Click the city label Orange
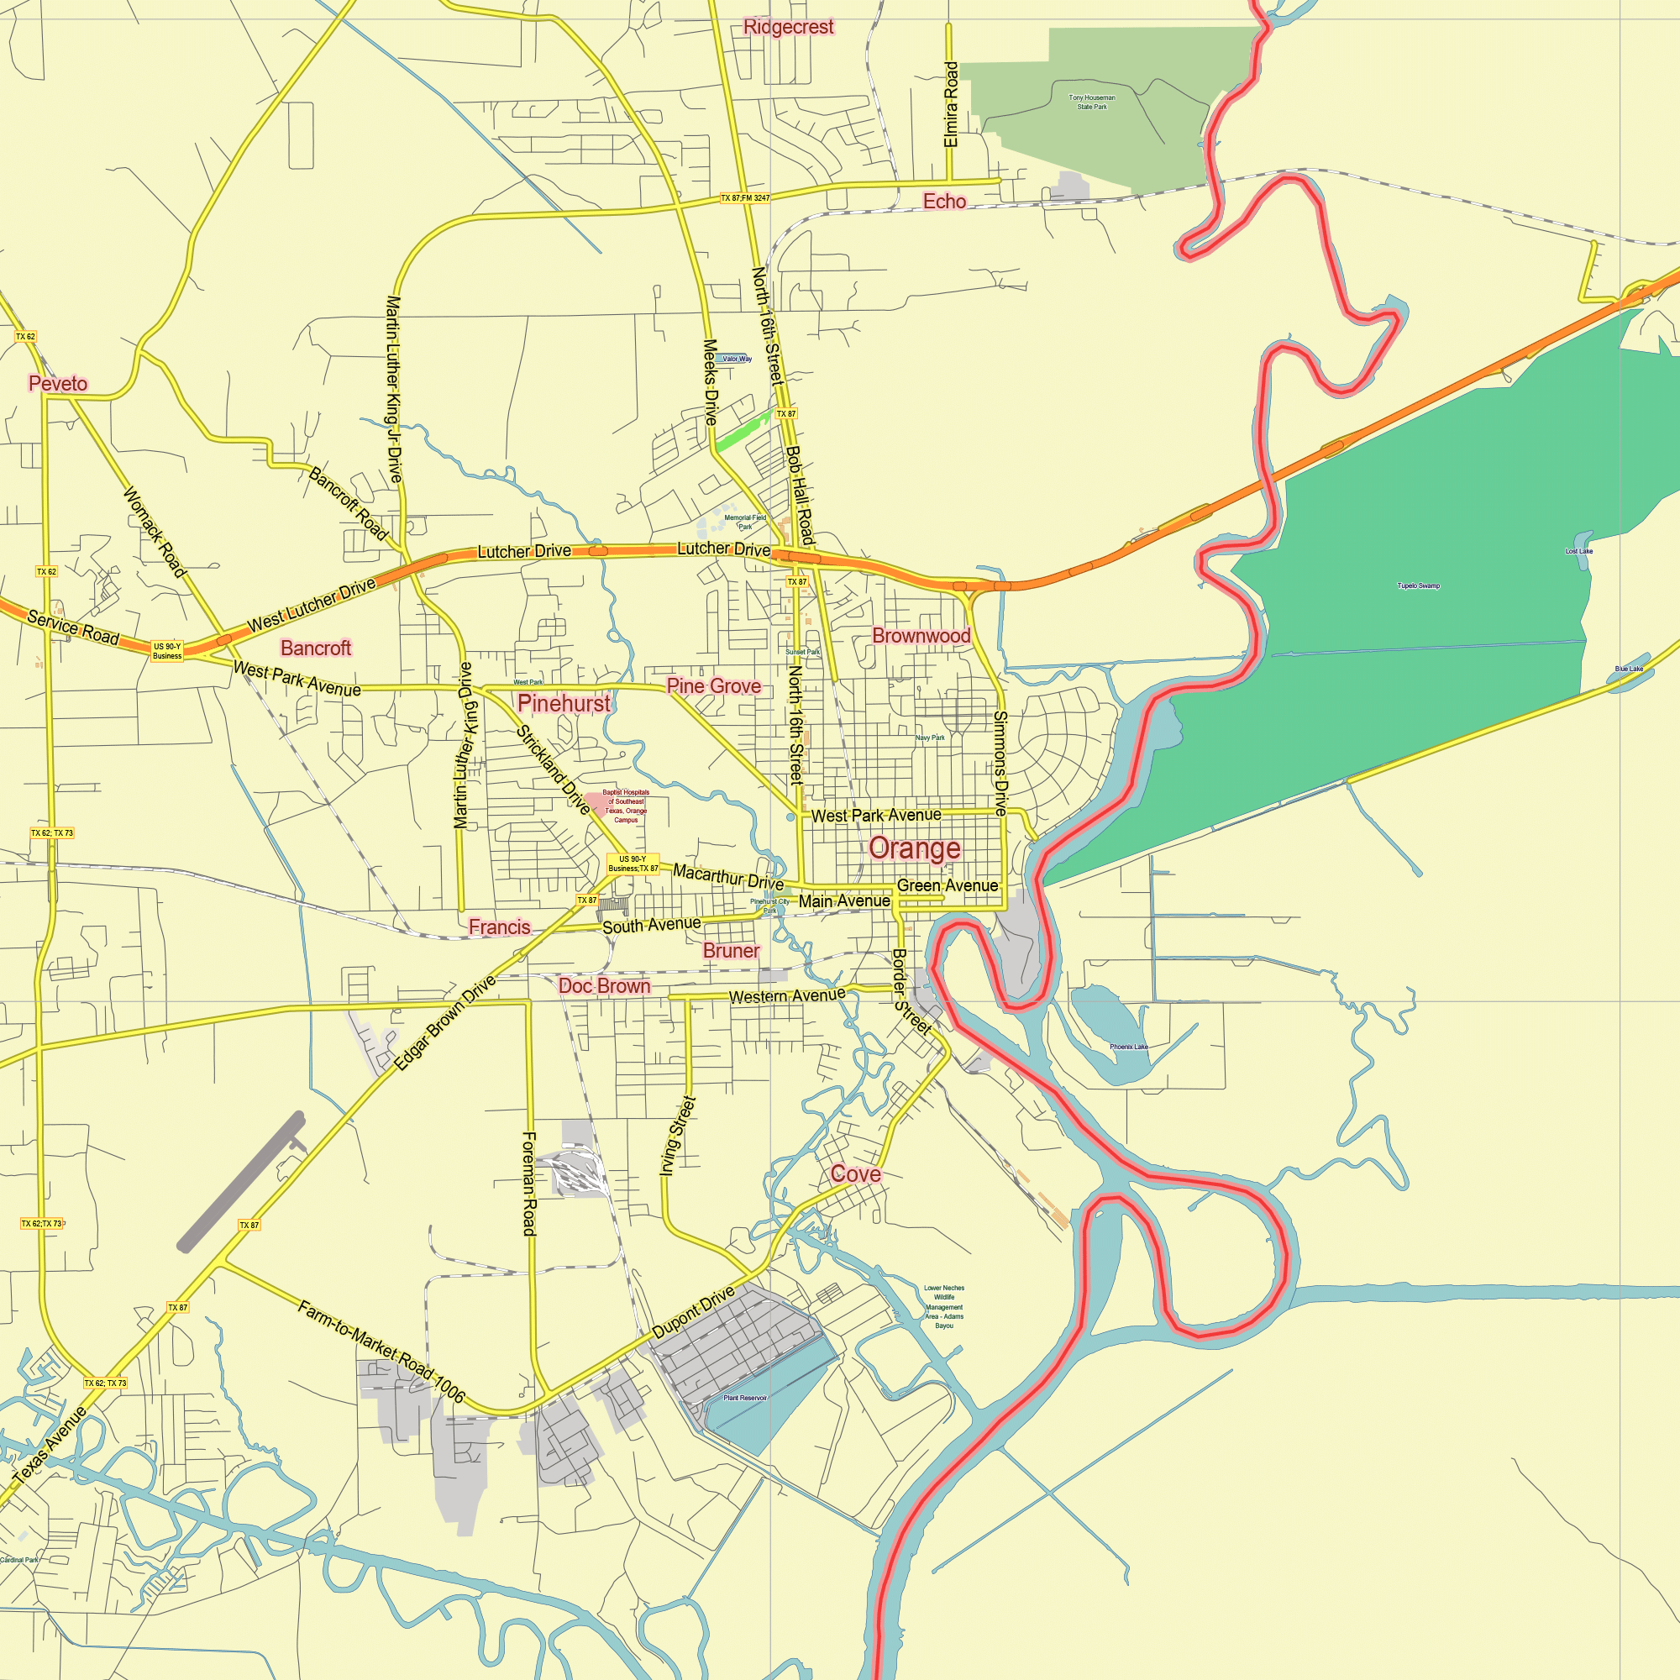coord(915,848)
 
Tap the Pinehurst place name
coord(564,702)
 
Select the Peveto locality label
coord(58,384)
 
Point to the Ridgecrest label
coord(789,27)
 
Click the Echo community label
coord(944,201)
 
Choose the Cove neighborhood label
coord(856,1174)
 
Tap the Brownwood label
coord(921,636)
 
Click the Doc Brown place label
coord(604,986)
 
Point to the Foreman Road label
coord(528,1183)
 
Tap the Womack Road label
coord(154,533)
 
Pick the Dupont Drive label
coord(693,1312)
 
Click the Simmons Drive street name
coord(1000,763)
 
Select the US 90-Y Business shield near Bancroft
coord(167,650)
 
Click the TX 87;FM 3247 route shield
coord(745,198)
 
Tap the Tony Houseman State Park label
coord(1091,102)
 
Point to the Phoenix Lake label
coord(1129,1047)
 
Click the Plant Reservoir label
coord(745,1399)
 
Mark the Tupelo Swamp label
coord(1418,586)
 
